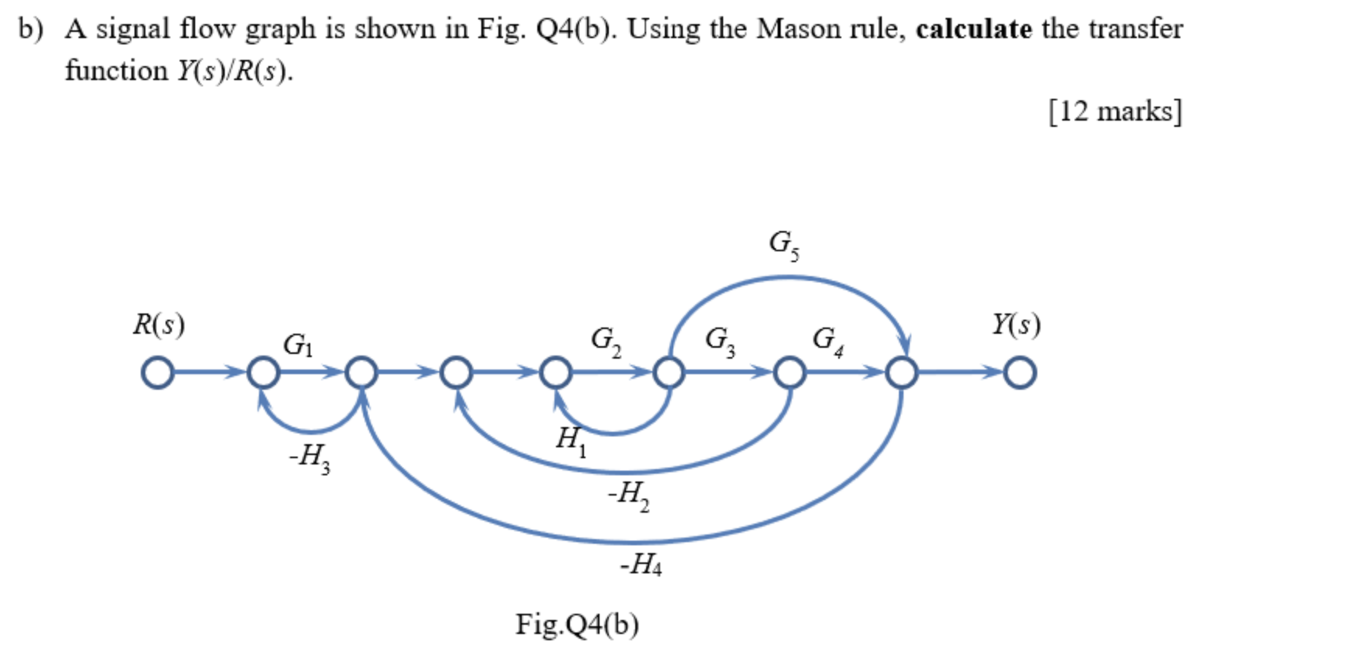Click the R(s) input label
pyautogui.click(x=159, y=324)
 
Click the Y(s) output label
pyautogui.click(x=1016, y=324)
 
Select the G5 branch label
pyautogui.click(x=783, y=243)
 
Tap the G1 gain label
pyautogui.click(x=298, y=344)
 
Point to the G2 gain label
pyautogui.click(x=606, y=339)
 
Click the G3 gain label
pyautogui.click(x=719, y=339)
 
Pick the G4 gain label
pyautogui.click(x=827, y=339)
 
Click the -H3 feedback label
pyautogui.click(x=309, y=457)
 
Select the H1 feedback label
pyautogui.click(x=571, y=440)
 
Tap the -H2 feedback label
pyautogui.click(x=628, y=495)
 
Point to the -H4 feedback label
pyautogui.click(x=641, y=563)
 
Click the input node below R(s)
pyautogui.click(x=158, y=373)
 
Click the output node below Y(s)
pyautogui.click(x=1019, y=373)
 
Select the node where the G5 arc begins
pyautogui.click(x=669, y=373)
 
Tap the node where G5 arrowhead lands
pyautogui.click(x=901, y=373)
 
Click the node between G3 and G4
pyautogui.click(x=789, y=373)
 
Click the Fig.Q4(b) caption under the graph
pyautogui.click(x=577, y=624)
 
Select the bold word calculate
pyautogui.click(x=974, y=30)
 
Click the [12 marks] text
pyautogui.click(x=1115, y=111)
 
